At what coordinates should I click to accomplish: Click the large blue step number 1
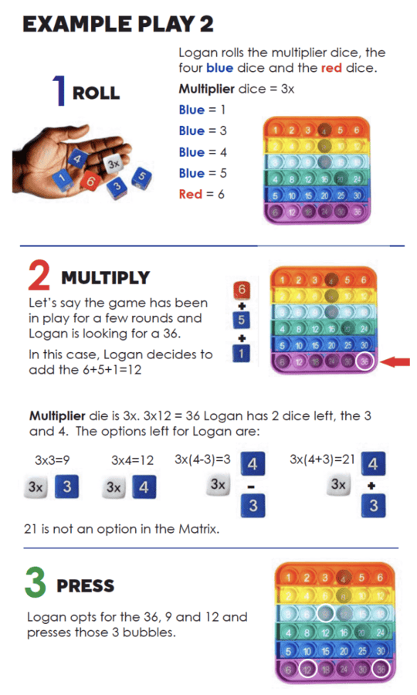pos(59,91)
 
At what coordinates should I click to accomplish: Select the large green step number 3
pos(36,584)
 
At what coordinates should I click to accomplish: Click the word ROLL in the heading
pos(96,93)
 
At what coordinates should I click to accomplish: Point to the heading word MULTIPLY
pos(104,277)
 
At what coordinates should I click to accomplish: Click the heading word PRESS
pos(86,586)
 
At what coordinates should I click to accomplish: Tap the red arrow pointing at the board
pos(395,361)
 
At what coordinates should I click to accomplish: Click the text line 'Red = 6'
pos(202,194)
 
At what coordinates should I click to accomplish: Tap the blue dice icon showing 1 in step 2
pos(242,354)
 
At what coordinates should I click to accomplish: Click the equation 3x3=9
pos(53,460)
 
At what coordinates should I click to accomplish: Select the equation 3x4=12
pos(132,460)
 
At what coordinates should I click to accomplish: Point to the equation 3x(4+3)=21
pos(322,459)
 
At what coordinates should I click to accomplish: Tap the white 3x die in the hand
pos(113,164)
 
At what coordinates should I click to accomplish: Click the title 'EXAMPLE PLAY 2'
pos(117,24)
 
